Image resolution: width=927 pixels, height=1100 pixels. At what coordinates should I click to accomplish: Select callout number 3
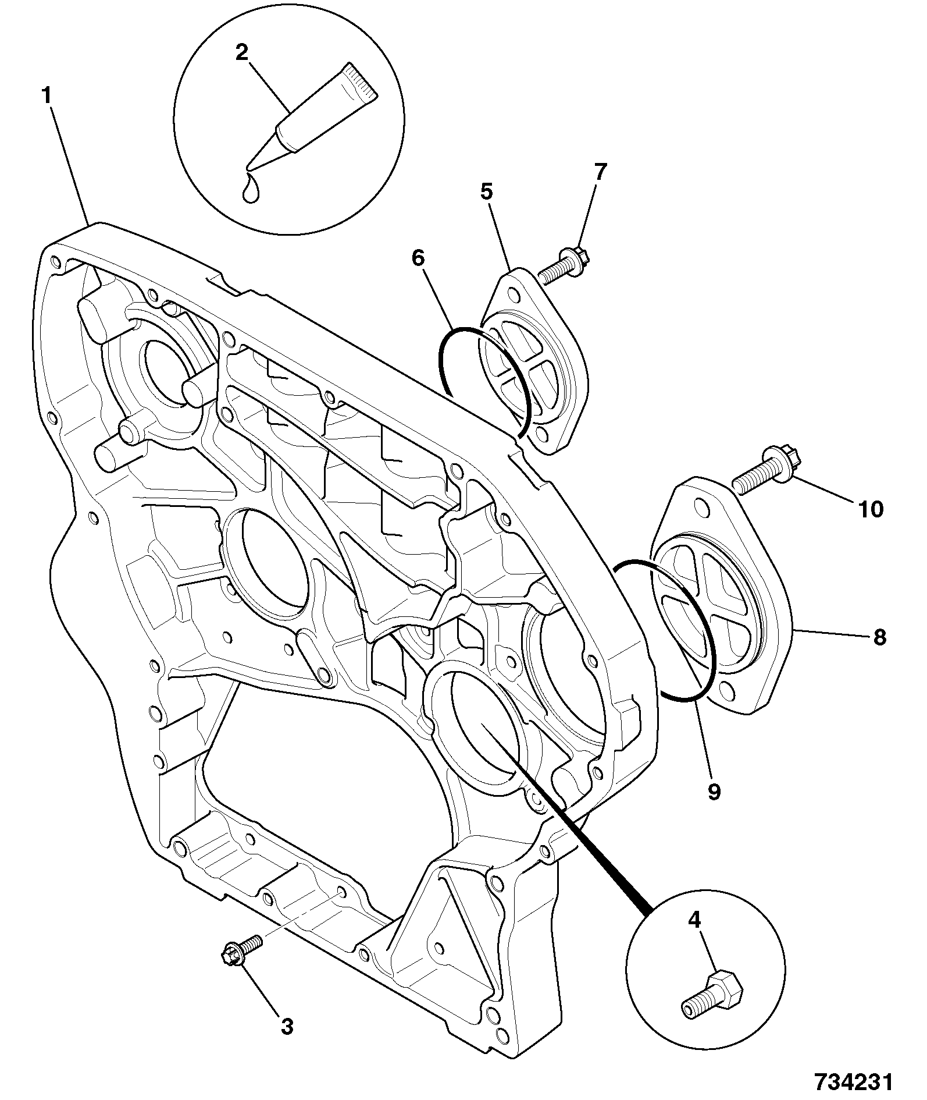pyautogui.click(x=287, y=1026)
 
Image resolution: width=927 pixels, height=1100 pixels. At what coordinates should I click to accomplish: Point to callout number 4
pyautogui.click(x=694, y=936)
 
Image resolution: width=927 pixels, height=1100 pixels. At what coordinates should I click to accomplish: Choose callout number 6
pyautogui.click(x=419, y=258)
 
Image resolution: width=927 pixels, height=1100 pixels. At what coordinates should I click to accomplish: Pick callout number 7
pyautogui.click(x=600, y=172)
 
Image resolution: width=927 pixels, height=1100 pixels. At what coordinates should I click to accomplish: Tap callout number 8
pyautogui.click(x=879, y=637)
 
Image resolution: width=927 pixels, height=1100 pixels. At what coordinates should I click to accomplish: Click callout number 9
pyautogui.click(x=714, y=792)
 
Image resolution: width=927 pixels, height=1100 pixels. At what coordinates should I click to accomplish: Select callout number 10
pyautogui.click(x=871, y=509)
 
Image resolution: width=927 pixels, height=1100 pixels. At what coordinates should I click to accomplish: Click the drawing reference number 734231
pyautogui.click(x=852, y=1081)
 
